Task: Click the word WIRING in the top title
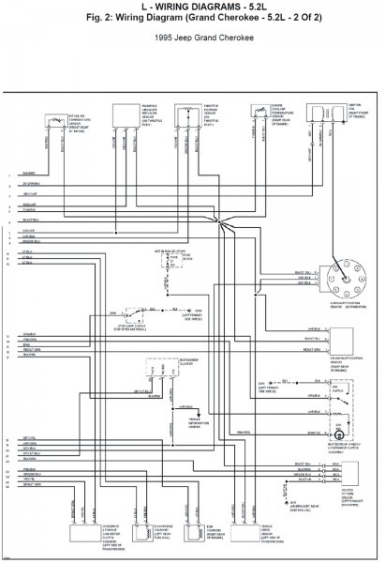175,8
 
